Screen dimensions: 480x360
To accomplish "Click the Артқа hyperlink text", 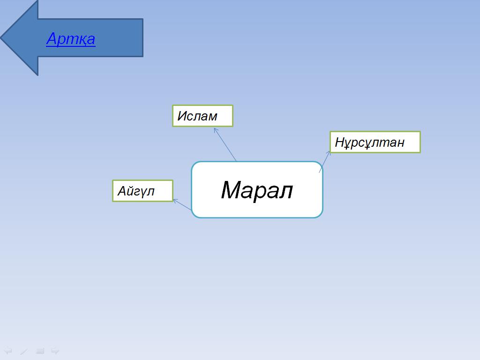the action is tap(71, 39).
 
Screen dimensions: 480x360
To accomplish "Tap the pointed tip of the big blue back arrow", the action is tap(1, 38).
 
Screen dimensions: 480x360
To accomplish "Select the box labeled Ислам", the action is tap(202, 116).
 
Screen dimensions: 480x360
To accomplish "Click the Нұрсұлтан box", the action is tap(375, 142).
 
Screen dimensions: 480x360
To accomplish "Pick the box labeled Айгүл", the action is tap(142, 191).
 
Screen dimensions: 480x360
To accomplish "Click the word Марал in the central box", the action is tap(257, 190).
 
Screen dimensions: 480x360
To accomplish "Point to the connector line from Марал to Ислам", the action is tap(225, 144).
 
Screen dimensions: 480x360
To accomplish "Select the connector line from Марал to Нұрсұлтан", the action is tap(324, 162).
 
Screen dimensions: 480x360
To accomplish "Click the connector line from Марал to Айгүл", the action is tap(182, 204).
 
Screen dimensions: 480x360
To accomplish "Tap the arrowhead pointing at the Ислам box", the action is tap(216, 130).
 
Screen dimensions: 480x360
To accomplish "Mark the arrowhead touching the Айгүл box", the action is tap(175, 201).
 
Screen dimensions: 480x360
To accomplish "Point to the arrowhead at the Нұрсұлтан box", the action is tap(329, 153).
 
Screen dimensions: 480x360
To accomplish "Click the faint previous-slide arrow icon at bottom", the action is tap(8, 351).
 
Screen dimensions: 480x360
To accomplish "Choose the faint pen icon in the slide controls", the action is tap(24, 351).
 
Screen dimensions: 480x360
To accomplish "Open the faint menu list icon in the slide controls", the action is tap(40, 351).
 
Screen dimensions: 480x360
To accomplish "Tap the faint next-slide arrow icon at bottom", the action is tap(55, 351).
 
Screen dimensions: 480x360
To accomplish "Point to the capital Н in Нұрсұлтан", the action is tap(339, 142).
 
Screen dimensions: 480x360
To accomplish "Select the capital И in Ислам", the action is tap(182, 116).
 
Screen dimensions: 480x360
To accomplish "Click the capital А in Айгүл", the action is tap(122, 191).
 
